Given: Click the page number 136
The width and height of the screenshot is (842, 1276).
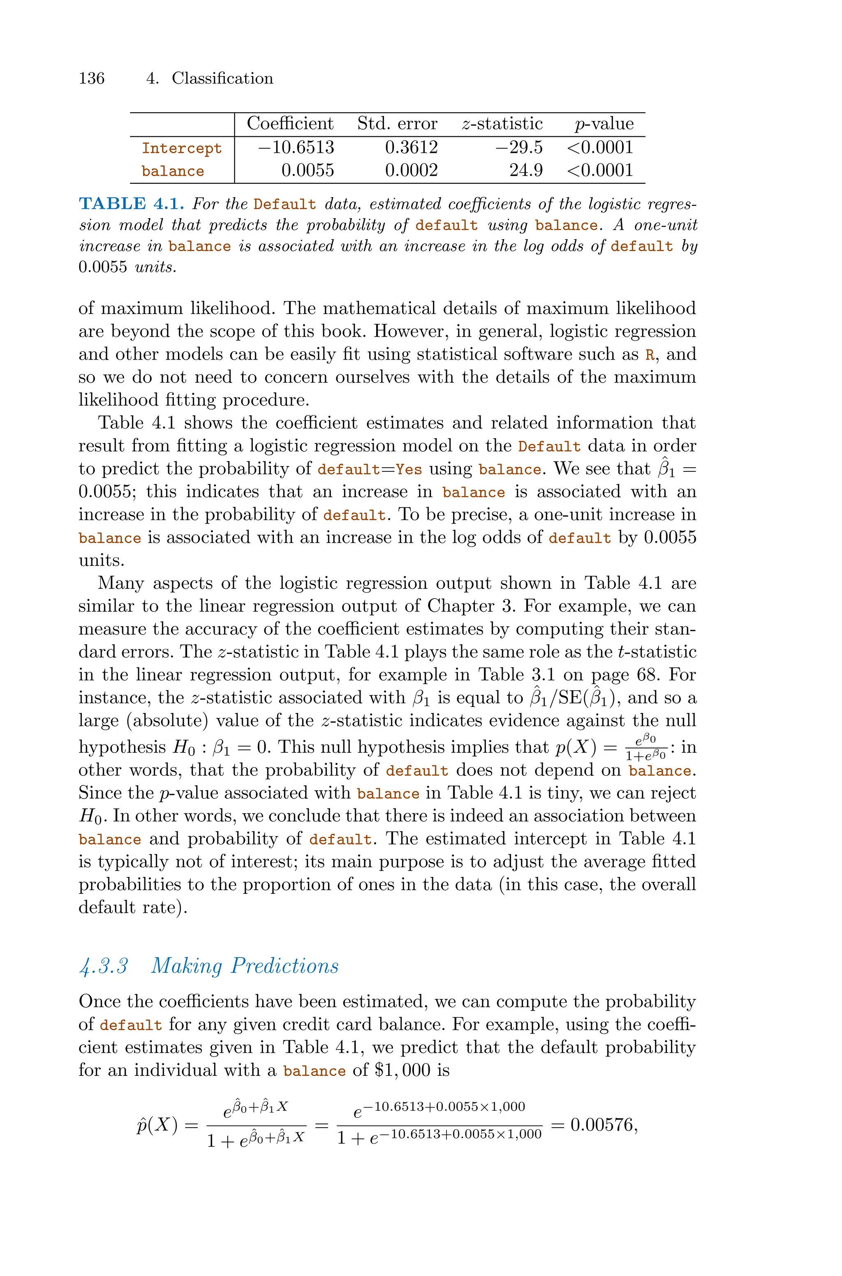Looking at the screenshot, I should (x=92, y=78).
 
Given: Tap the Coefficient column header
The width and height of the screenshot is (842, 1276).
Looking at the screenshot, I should (x=290, y=124).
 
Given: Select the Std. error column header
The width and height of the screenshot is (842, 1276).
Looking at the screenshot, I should (x=398, y=124).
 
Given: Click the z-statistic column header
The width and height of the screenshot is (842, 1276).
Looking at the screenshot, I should (x=502, y=124).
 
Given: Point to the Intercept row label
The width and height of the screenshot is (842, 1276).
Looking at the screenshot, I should (x=181, y=148).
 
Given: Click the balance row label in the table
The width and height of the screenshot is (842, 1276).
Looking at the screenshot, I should (x=173, y=171).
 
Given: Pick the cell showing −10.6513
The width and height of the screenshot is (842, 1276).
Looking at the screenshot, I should (x=296, y=148).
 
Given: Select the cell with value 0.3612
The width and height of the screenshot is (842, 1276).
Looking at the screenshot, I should (x=411, y=148).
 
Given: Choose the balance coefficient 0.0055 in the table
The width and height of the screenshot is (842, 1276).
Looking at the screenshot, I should (x=308, y=171).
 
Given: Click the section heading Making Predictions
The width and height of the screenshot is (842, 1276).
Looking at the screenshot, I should (x=245, y=966).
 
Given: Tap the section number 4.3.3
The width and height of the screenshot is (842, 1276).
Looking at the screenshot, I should (x=103, y=966).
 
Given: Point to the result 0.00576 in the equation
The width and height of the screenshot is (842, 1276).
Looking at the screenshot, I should (x=601, y=1125).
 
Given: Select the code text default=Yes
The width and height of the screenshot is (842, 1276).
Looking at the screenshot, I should (x=370, y=470).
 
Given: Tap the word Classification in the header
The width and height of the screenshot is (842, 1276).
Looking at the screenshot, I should (x=222, y=78).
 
